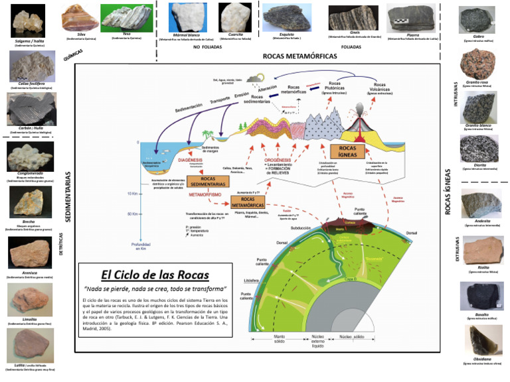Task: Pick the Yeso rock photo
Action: point(126,17)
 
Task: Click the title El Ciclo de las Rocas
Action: point(155,275)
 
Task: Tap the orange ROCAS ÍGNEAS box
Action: point(348,152)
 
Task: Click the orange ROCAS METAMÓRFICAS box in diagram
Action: point(248,202)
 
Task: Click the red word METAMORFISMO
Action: point(205,195)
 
